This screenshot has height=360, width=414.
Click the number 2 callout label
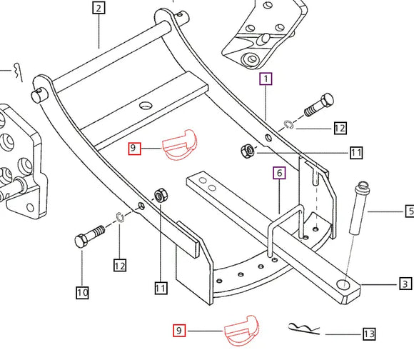point(99,9)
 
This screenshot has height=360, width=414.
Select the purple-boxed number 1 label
point(266,79)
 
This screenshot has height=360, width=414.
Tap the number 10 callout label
point(83,291)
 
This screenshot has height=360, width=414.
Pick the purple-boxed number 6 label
point(279,173)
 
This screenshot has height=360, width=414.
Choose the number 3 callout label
point(405,284)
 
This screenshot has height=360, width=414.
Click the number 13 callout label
point(368,334)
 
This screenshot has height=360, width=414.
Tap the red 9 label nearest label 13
point(179,330)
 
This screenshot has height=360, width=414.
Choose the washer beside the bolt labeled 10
point(121,217)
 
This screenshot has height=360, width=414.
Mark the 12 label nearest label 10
point(119,266)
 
